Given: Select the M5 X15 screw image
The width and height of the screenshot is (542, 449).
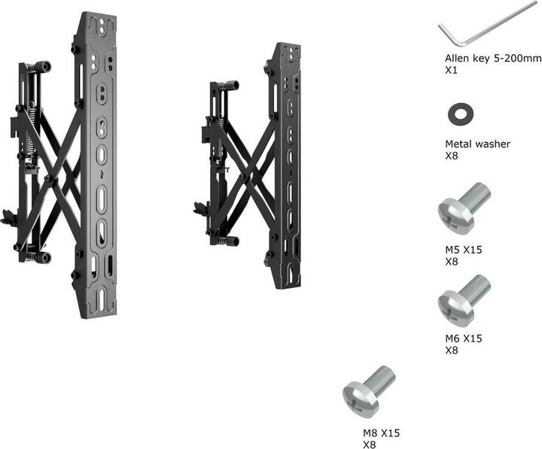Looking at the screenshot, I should point(464,204).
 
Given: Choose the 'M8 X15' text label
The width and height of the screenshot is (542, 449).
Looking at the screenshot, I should point(381,433).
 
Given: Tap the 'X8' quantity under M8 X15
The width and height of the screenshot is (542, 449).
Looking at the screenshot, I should point(369,444).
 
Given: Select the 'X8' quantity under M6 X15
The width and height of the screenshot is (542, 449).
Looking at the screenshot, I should point(451,350).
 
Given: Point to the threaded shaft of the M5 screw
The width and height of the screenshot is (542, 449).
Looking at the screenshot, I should point(477,195).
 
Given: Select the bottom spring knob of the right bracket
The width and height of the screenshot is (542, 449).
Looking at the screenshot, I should point(230,241).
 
